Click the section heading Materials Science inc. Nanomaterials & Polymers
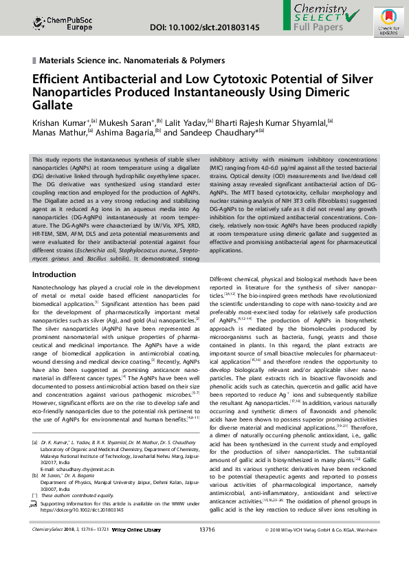click(132, 61)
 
